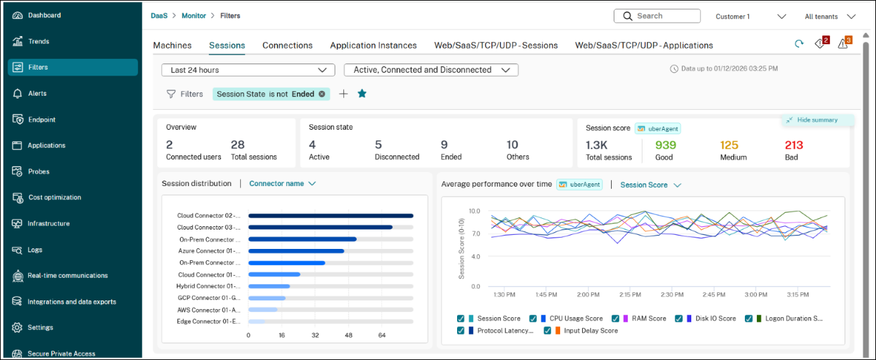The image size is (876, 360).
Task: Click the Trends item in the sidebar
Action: coord(38,41)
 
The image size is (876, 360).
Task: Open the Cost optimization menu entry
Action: coord(54,197)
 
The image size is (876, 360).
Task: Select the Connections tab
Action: coord(287,46)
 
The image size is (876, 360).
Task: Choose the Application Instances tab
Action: coord(373,46)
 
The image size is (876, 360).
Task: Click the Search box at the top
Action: coord(657,16)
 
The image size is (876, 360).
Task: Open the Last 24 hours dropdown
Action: coord(248,70)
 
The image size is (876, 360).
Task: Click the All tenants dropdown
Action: coord(830,17)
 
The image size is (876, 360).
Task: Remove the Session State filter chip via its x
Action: coord(322,94)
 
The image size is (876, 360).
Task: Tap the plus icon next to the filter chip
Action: coord(343,94)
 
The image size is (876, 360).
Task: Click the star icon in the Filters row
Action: coord(362,94)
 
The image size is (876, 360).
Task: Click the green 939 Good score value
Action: coord(665,145)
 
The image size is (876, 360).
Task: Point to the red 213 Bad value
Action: coord(794,145)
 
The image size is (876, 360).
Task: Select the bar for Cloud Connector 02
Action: coord(331,215)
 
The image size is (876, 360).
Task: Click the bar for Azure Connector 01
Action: coord(296,251)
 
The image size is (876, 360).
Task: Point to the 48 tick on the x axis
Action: coord(348,335)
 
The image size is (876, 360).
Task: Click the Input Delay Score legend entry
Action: coord(590,331)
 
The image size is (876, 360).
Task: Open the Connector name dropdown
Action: coord(282,183)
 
